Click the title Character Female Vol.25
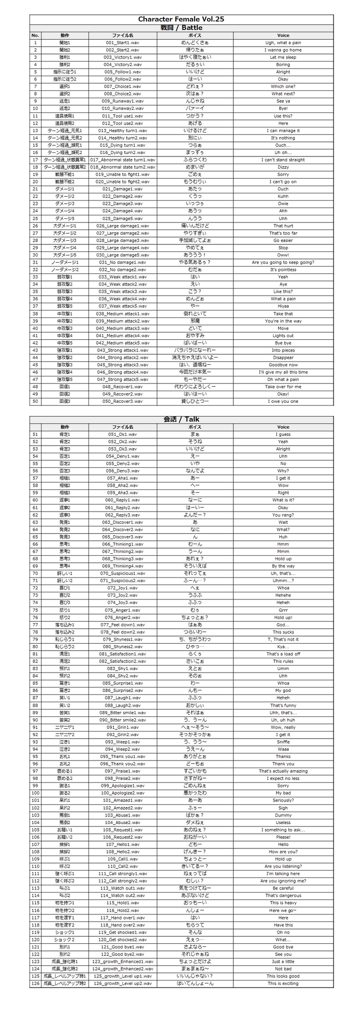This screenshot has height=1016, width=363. [x=181, y=19]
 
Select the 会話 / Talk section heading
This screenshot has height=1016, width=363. [x=181, y=419]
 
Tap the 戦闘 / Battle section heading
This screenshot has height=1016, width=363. [x=181, y=27]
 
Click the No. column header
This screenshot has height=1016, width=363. [x=35, y=35]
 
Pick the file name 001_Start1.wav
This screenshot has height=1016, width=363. [x=123, y=43]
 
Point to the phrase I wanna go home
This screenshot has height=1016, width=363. [x=283, y=50]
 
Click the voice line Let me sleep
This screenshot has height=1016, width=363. [x=283, y=57]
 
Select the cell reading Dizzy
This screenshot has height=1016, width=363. [x=283, y=167]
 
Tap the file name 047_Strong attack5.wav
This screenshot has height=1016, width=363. [x=123, y=379]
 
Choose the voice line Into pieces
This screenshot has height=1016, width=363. [x=283, y=350]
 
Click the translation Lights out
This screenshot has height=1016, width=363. [x=283, y=336]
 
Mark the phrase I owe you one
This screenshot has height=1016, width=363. [x=283, y=401]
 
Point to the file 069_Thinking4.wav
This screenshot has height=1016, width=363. [x=123, y=566]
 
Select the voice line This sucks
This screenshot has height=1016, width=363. [x=283, y=632]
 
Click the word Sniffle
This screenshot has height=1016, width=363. [x=283, y=742]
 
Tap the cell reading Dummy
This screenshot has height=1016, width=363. [x=283, y=815]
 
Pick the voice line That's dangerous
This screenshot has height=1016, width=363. [x=283, y=895]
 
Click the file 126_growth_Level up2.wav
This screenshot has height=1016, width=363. [x=123, y=983]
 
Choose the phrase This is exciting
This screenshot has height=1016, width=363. [x=283, y=983]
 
